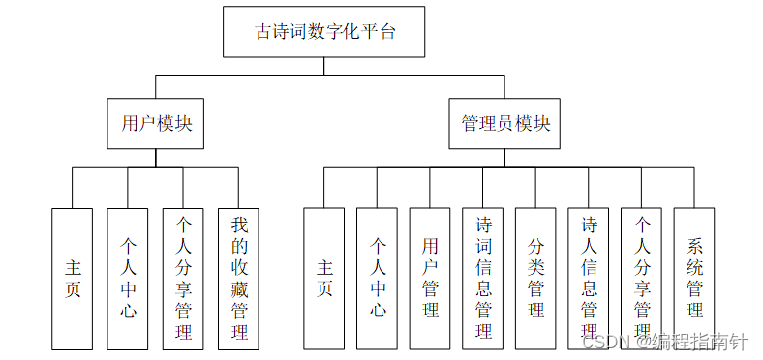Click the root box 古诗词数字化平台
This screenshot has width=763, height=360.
click(325, 31)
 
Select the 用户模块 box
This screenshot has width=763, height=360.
click(156, 124)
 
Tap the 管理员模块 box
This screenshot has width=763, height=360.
click(504, 124)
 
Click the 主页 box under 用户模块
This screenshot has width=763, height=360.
click(73, 278)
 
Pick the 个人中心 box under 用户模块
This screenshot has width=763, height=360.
click(128, 278)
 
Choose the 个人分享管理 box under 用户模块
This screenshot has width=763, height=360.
click(183, 278)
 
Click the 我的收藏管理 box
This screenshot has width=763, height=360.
click(239, 278)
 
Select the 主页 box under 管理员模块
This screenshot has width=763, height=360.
click(324, 278)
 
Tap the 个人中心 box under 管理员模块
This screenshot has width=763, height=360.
click(377, 278)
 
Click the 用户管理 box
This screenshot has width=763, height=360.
click(430, 278)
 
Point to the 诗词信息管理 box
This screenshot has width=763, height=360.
click(483, 278)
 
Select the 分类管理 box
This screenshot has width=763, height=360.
click(535, 278)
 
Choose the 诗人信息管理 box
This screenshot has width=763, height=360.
click(589, 278)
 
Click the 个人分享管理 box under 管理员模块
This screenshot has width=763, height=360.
click(641, 278)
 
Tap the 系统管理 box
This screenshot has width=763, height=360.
click(694, 278)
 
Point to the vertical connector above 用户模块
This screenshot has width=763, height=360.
click(156, 86)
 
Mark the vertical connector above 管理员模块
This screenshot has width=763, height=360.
click(504, 86)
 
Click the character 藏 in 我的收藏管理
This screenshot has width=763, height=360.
click(239, 288)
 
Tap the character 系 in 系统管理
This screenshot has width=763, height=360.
click(694, 245)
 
